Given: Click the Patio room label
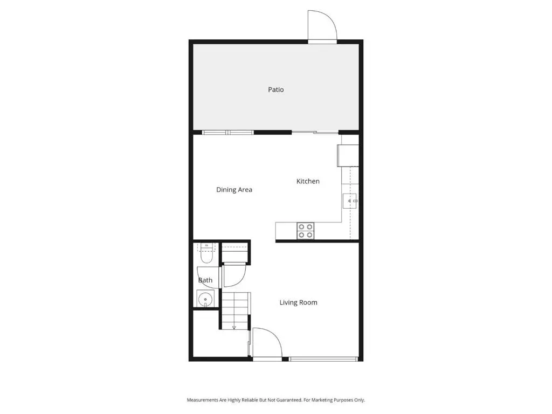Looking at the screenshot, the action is pyautogui.click(x=275, y=90).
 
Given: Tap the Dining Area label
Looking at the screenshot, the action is pyautogui.click(x=234, y=190).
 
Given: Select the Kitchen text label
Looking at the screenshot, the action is pyautogui.click(x=308, y=181).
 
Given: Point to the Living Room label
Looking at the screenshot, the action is pyautogui.click(x=298, y=302).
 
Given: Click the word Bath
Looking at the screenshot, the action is pyautogui.click(x=205, y=280).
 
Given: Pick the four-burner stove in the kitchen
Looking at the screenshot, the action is pyautogui.click(x=305, y=231).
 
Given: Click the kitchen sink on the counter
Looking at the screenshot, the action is pyautogui.click(x=350, y=201).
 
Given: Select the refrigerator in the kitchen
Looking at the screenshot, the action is pyautogui.click(x=348, y=155).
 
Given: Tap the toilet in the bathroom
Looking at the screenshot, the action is pyautogui.click(x=206, y=253).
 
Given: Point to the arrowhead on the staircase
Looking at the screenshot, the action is pyautogui.click(x=234, y=327).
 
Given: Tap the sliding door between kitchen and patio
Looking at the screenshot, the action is pyautogui.click(x=315, y=133).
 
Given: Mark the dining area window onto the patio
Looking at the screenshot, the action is pyautogui.click(x=228, y=133).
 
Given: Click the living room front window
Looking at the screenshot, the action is pyautogui.click(x=323, y=359).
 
